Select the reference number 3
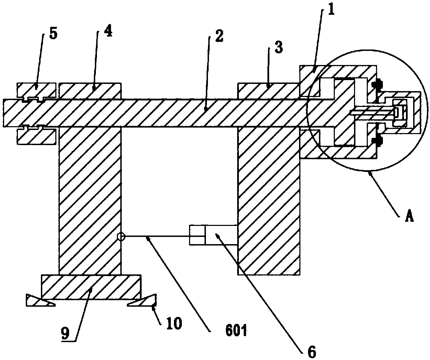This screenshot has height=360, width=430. tap(278, 48)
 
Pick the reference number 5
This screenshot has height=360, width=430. tap(53, 33)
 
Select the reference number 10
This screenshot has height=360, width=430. tap(174, 323)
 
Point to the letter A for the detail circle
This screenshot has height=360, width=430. tap(409, 217)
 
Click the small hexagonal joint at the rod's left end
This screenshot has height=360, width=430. tap(121, 236)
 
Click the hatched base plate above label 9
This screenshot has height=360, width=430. tap(91, 286)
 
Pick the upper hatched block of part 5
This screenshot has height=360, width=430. tap(36, 90)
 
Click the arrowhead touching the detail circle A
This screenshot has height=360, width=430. tap(371, 174)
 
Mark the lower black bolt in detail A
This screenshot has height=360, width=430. tap(379, 140)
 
